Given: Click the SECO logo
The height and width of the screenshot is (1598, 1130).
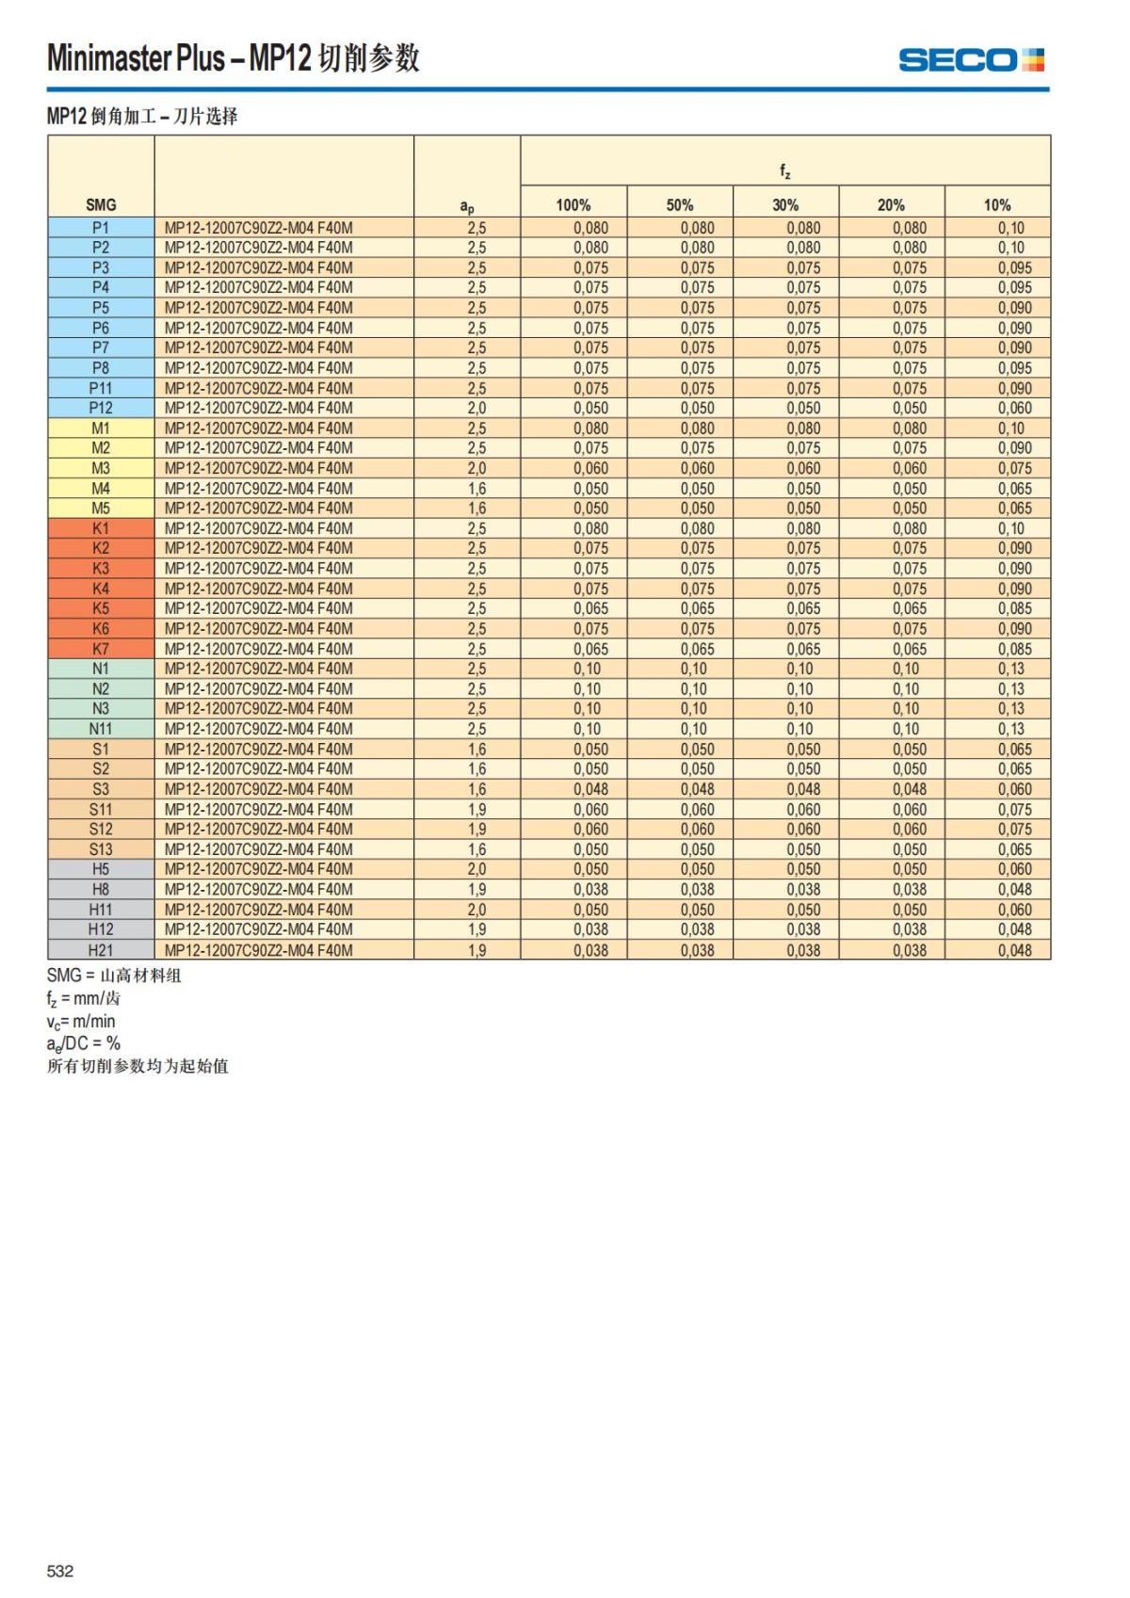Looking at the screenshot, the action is point(971,60).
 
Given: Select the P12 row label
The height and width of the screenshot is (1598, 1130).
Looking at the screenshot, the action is point(101,408).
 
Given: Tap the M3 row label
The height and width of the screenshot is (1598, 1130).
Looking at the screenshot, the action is point(101,468).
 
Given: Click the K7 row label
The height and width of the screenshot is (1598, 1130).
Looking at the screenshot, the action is point(101,649).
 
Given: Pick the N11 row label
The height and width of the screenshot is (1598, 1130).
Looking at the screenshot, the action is point(101,729).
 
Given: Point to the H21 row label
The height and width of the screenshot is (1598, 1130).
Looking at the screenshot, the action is point(101,950).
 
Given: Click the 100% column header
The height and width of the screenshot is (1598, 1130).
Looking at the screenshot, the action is point(573,205).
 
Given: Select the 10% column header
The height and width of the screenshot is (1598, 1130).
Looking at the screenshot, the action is point(997,205).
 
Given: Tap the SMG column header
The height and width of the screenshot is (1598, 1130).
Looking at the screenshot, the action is point(101,205).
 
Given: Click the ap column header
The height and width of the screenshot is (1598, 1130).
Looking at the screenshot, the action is point(467,206).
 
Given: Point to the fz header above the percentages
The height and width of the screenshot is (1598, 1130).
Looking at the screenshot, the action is point(784,171).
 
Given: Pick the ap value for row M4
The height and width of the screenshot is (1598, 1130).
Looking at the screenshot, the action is point(476,489).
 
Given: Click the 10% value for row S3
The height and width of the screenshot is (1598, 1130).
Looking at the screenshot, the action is point(1014,789).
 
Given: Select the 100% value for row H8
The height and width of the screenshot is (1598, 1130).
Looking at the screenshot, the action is point(590,889).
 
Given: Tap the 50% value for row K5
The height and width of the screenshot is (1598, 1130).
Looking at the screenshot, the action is point(697,608).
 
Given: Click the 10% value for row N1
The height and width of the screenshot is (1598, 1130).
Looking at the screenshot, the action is point(1011,669).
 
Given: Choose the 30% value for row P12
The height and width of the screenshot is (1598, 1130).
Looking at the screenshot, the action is point(803,408).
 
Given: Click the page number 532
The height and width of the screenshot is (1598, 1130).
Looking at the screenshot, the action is point(60,1571).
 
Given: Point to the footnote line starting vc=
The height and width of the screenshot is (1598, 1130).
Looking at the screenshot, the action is point(81,1022).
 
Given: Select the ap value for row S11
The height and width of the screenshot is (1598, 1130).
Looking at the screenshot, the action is point(476,809).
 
